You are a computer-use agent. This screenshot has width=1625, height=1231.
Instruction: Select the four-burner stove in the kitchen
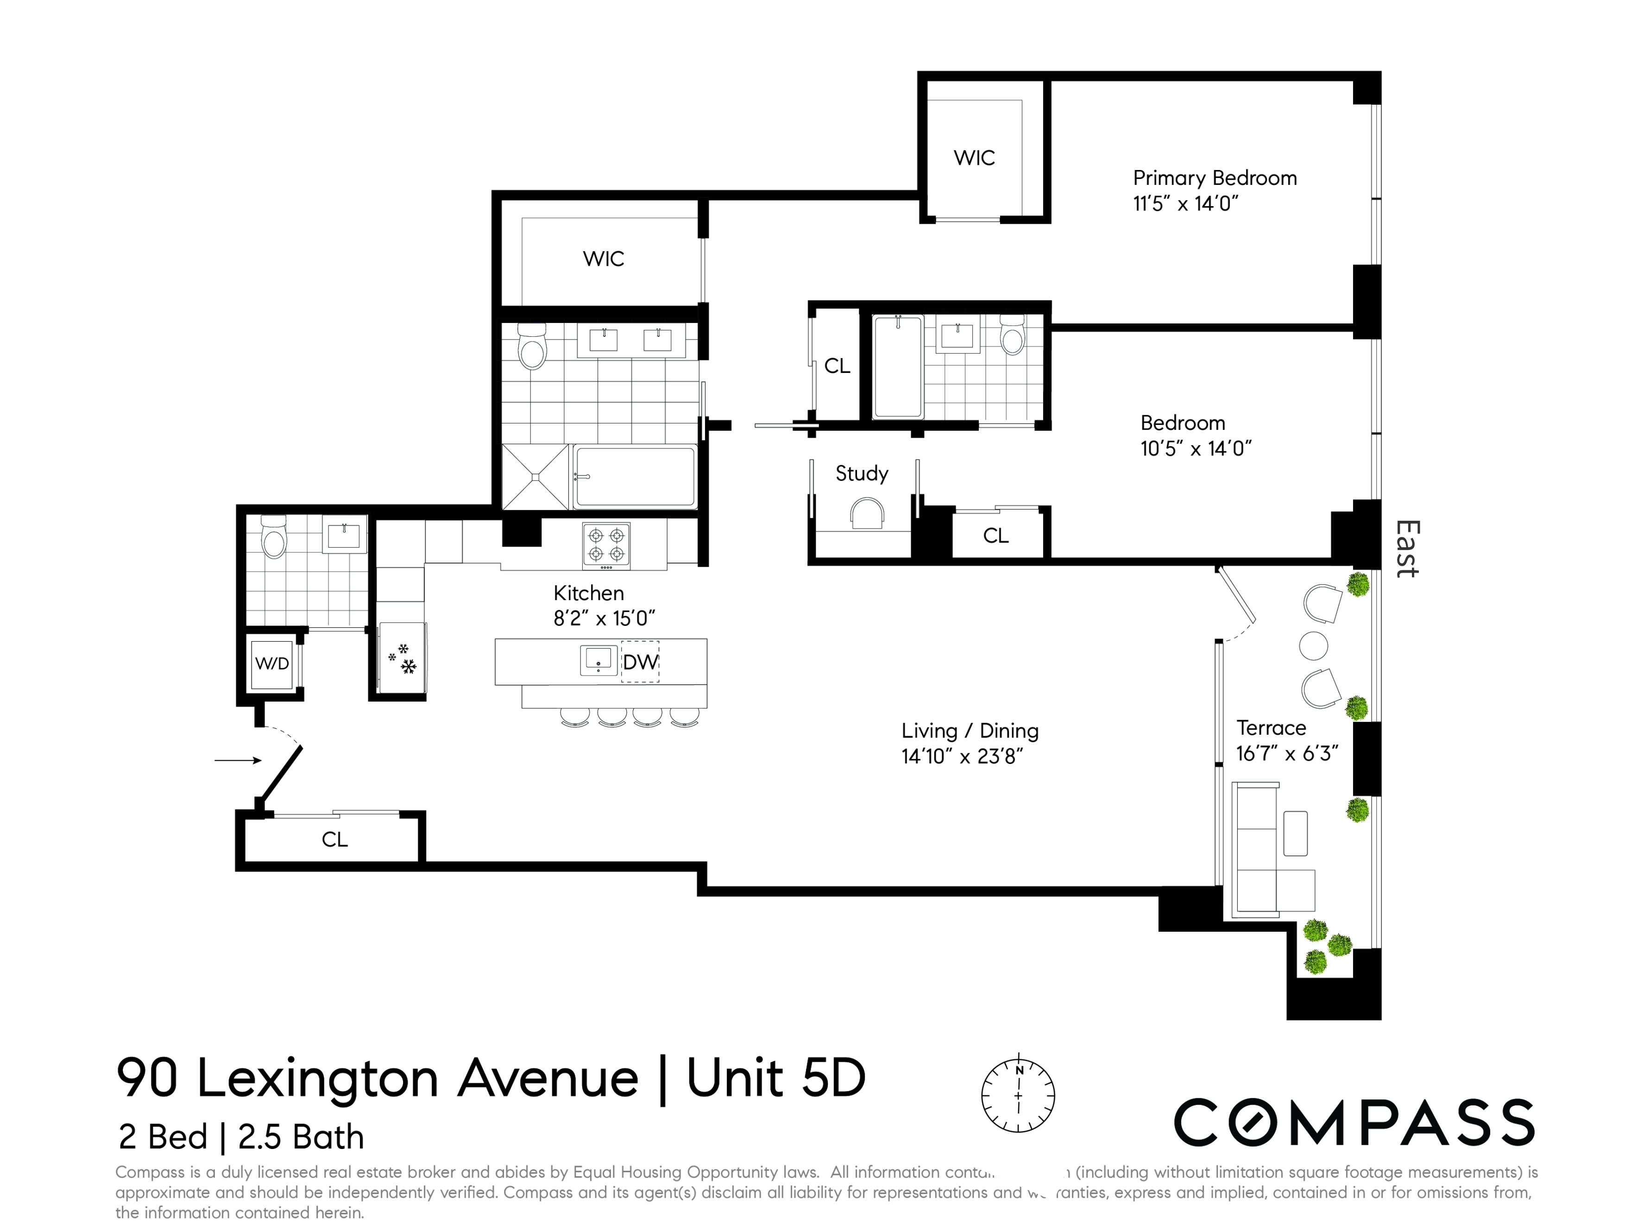click(x=606, y=544)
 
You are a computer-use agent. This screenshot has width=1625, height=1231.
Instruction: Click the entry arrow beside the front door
click(x=237, y=760)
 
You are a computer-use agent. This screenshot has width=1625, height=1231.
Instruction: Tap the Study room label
click(x=861, y=473)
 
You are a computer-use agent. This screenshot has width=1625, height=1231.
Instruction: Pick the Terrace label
click(x=1271, y=727)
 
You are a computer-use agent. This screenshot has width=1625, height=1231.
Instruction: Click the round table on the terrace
click(x=1314, y=646)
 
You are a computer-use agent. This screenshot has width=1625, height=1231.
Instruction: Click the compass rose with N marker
click(x=1018, y=1095)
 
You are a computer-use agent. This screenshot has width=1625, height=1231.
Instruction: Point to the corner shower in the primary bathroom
click(x=535, y=477)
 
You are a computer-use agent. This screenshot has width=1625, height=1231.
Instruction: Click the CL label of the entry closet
click(x=334, y=840)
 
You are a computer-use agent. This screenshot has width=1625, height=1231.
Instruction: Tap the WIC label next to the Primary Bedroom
click(x=974, y=158)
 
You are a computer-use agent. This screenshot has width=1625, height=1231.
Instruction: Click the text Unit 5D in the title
click(x=776, y=1078)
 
